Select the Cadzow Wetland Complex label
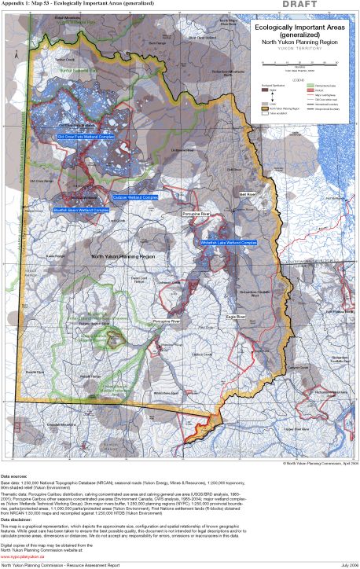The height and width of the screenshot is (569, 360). [x=134, y=196]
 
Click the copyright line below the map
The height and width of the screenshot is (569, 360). [x=320, y=464]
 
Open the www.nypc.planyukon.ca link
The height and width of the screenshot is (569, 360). [x=24, y=547]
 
